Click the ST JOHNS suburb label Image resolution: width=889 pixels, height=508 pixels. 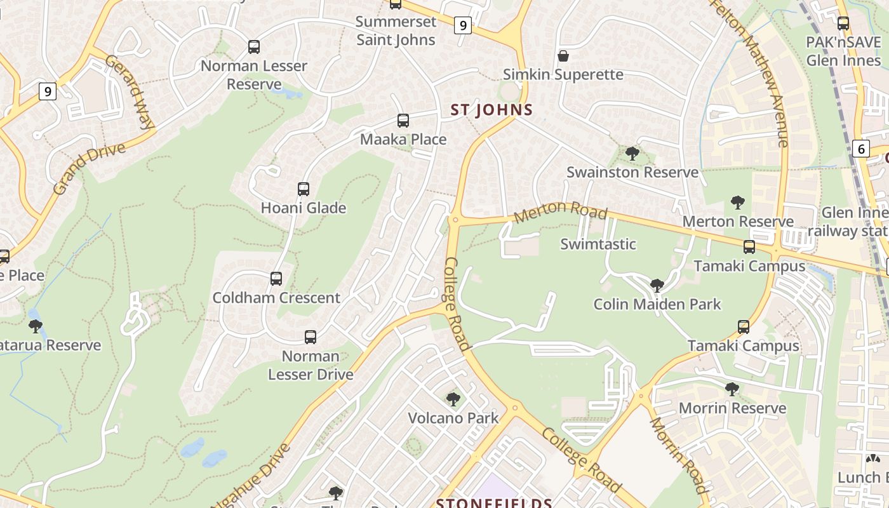pyautogui.click(x=491, y=110)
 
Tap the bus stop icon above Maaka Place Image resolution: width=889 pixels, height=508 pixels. pyautogui.click(x=403, y=121)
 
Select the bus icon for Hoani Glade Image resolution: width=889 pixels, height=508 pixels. pyautogui.click(x=304, y=189)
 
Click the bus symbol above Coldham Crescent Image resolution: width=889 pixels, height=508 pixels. pyautogui.click(x=276, y=279)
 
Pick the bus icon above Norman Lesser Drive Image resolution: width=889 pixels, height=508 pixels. pyautogui.click(x=311, y=337)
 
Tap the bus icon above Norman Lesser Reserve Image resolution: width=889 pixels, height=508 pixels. pyautogui.click(x=254, y=47)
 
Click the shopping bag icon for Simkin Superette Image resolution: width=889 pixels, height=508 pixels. pyautogui.click(x=563, y=56)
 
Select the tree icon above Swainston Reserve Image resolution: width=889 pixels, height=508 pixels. pyautogui.click(x=632, y=153)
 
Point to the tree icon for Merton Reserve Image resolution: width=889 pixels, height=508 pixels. pyautogui.click(x=737, y=203)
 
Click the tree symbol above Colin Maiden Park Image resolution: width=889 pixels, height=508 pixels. pyautogui.click(x=657, y=286)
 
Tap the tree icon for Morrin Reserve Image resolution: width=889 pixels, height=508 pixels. pyautogui.click(x=732, y=389)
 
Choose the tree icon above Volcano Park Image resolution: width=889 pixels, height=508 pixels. pyautogui.click(x=453, y=399)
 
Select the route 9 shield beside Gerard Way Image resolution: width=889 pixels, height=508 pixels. pyautogui.click(x=47, y=91)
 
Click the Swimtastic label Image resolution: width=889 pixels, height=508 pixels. pyautogui.click(x=598, y=244)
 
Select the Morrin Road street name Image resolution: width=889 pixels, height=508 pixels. pyautogui.click(x=678, y=455)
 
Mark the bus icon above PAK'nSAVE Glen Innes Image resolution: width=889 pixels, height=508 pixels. pyautogui.click(x=843, y=24)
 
